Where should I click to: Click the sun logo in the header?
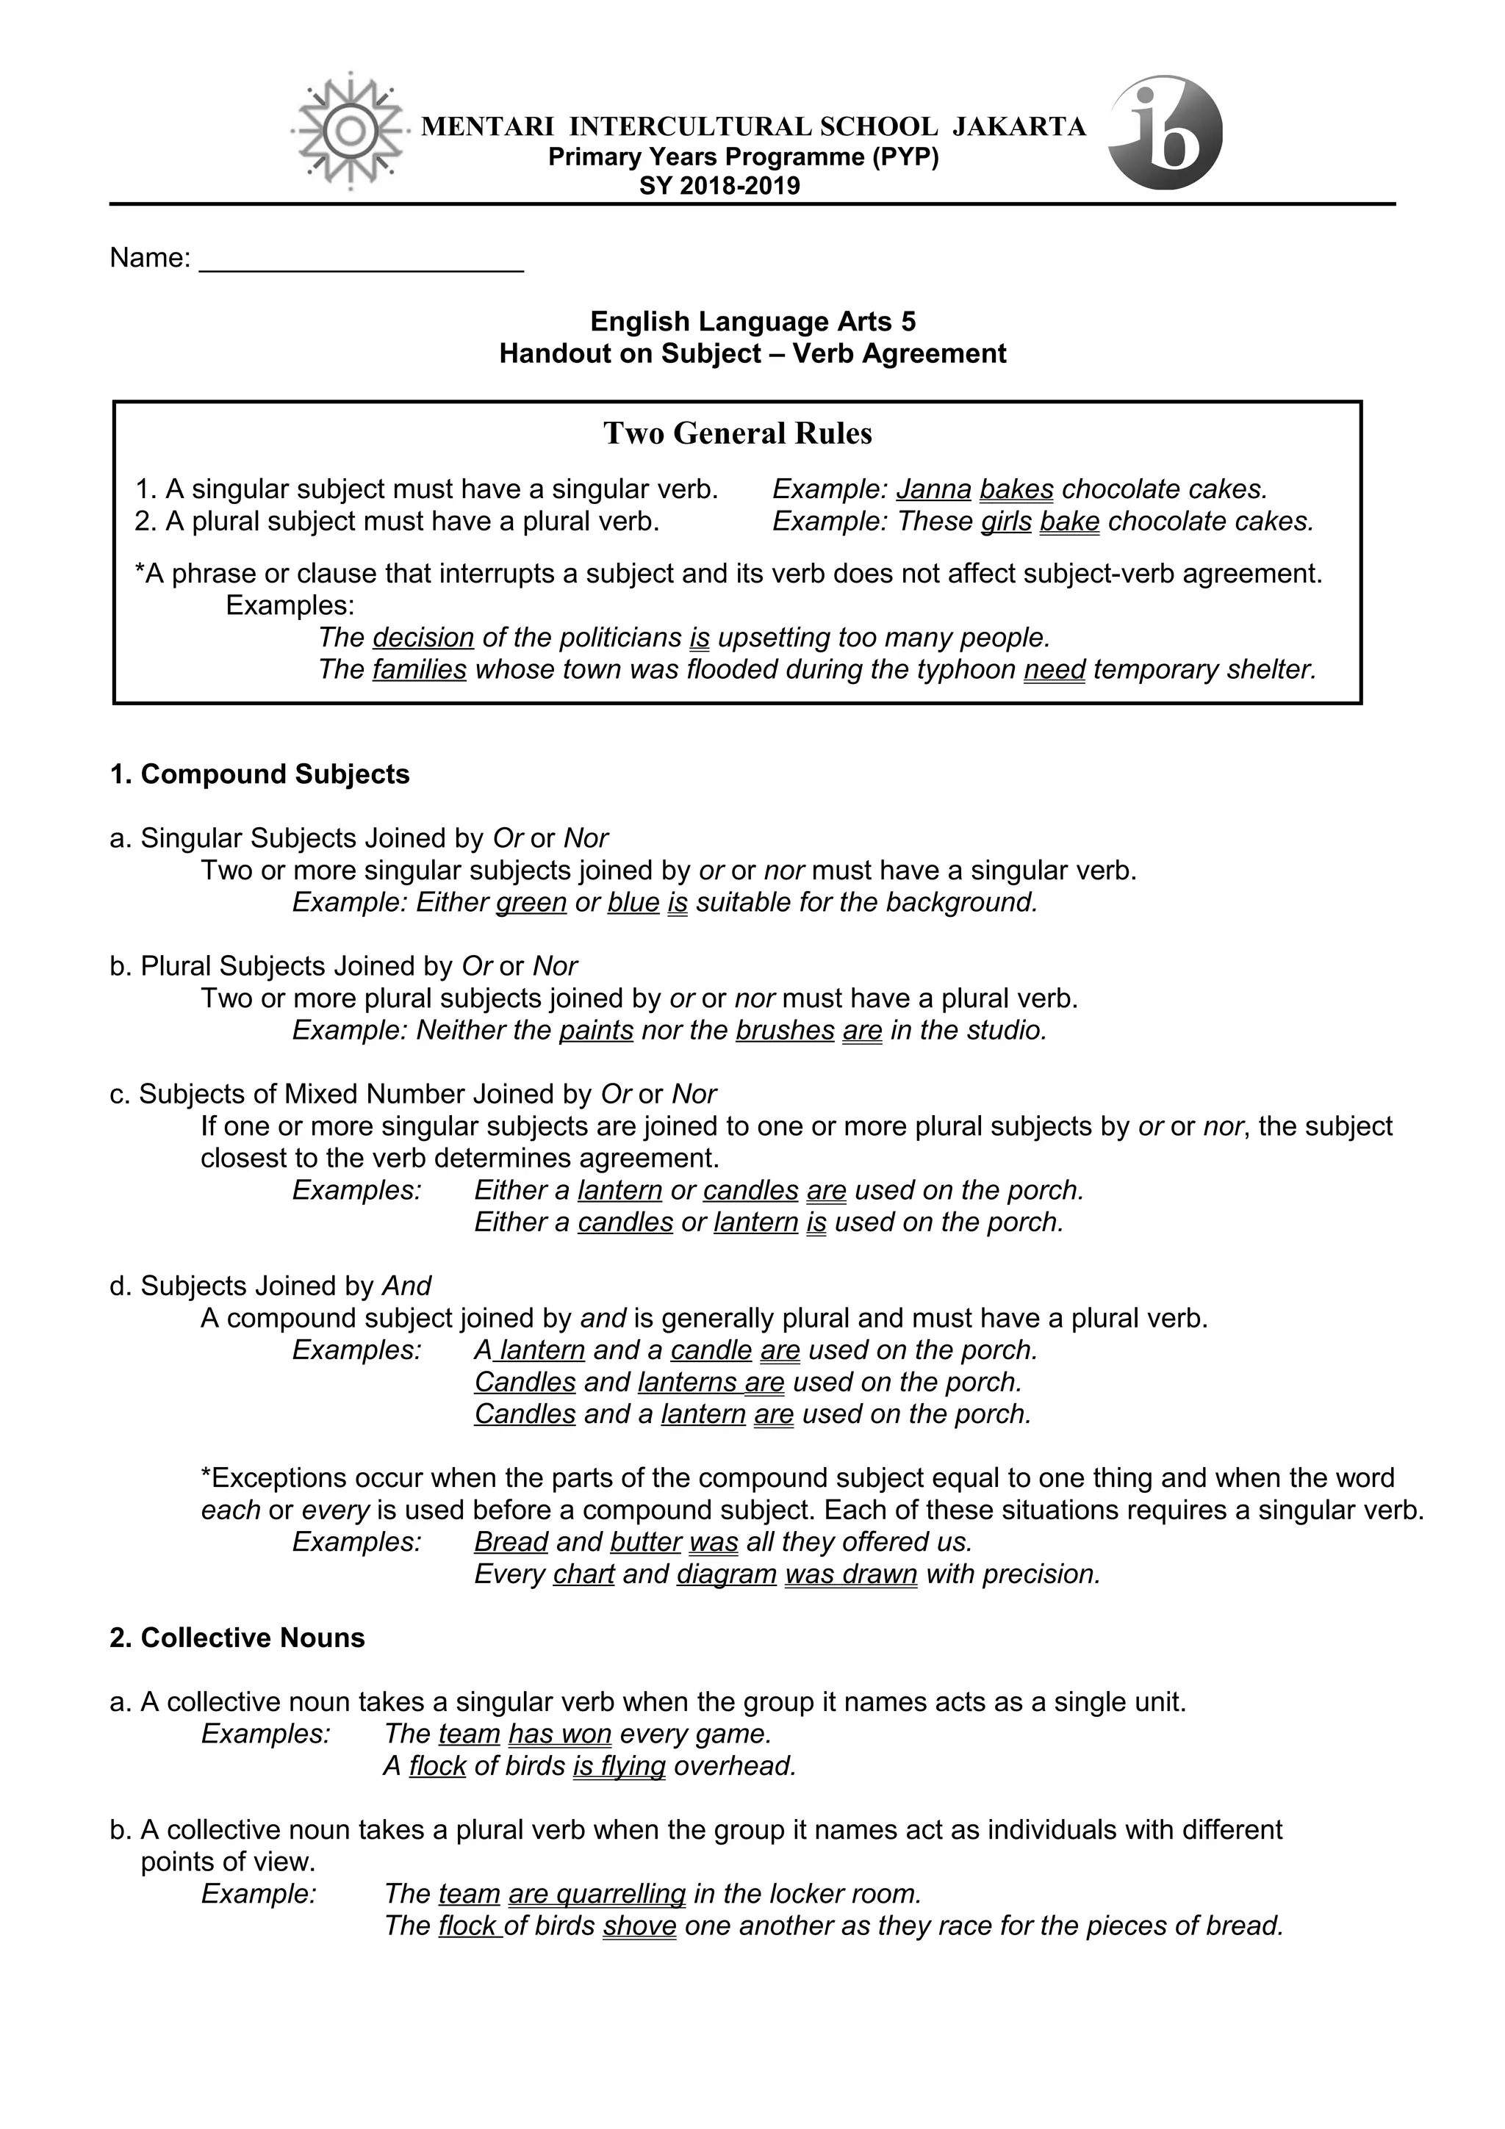[x=351, y=132]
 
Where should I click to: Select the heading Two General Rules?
[x=737, y=433]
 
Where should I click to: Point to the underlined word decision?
[x=423, y=638]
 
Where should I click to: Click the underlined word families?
[x=419, y=669]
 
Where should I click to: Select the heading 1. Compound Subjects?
[x=259, y=774]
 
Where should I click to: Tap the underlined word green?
[x=531, y=902]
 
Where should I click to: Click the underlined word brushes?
[x=785, y=1030]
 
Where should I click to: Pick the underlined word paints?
[x=595, y=1030]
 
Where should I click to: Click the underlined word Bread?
[x=511, y=1542]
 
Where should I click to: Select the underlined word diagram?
[x=726, y=1574]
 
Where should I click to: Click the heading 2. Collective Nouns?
[x=237, y=1638]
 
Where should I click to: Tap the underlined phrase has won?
[x=559, y=1734]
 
